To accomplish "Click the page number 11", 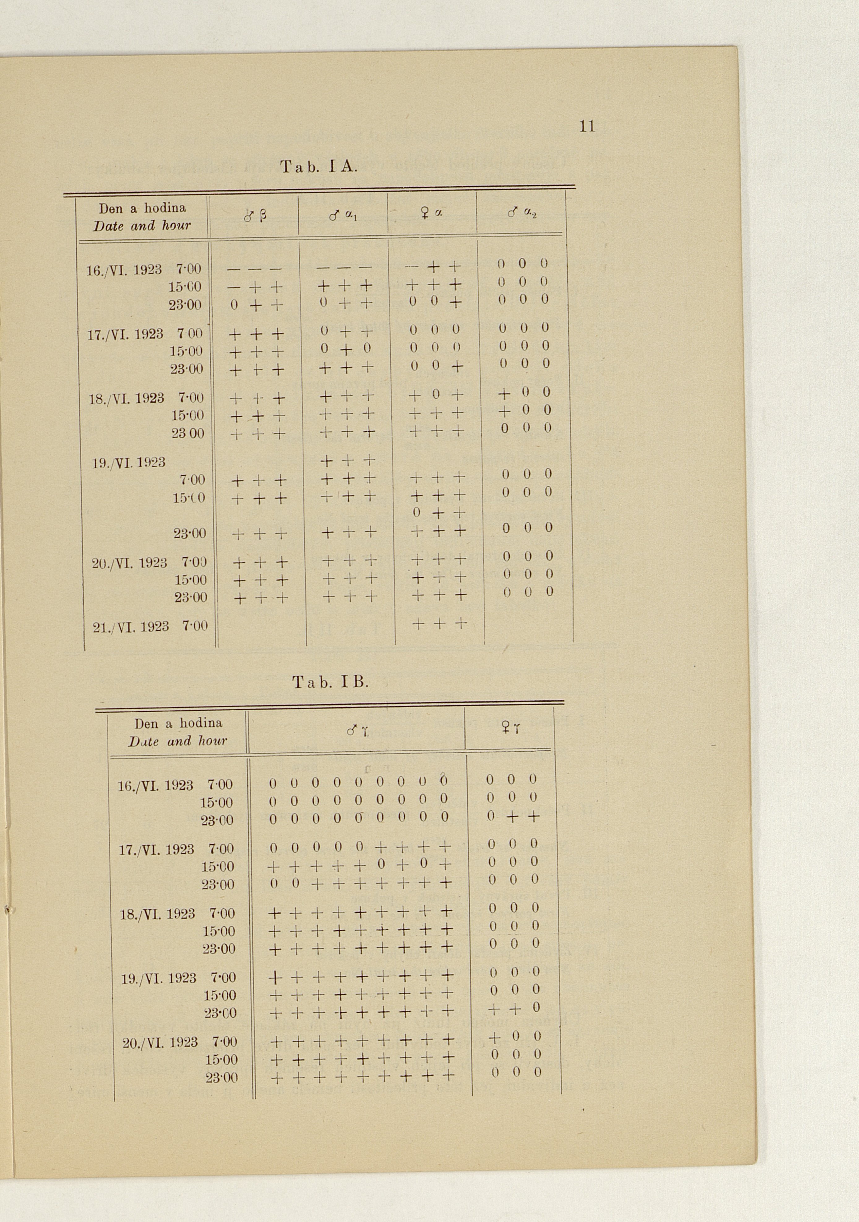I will [x=587, y=126].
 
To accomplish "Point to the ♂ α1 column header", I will [x=343, y=216].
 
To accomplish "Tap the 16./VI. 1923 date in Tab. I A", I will [x=124, y=270].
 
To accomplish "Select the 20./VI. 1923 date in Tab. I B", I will [x=160, y=1042].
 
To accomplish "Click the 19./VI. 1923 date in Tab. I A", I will [x=128, y=463].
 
